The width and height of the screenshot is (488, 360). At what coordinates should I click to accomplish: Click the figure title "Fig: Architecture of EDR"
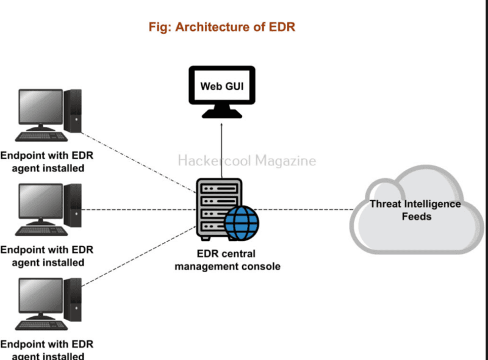coord(222,27)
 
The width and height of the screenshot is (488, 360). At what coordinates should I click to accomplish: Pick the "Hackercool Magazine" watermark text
coord(247,161)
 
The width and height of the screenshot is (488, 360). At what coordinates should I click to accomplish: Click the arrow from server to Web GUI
coord(221,146)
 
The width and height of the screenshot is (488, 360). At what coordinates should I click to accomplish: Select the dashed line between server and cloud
coord(305,209)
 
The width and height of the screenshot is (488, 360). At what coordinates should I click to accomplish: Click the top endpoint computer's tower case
coord(73,110)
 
